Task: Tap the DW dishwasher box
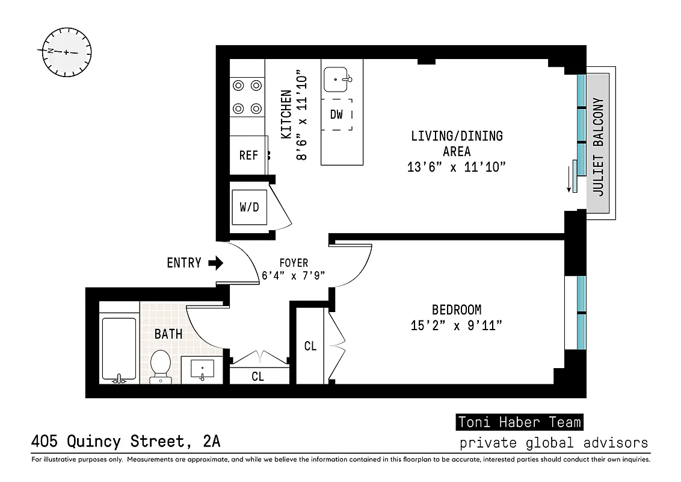coord(336,114)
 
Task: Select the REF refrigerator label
coord(248,155)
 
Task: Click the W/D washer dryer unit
coord(249,207)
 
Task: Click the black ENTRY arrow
coord(215,263)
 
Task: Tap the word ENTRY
coord(183,263)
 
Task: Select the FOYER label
coord(294,263)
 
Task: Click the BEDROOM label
coord(457,310)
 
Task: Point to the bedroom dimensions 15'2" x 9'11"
coord(457,326)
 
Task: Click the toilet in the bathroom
coord(160,366)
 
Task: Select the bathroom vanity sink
coord(202,368)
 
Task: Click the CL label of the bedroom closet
coord(310,346)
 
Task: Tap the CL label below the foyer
coord(258,377)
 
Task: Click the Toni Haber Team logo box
coord(519,422)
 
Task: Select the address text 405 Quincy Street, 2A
coord(125,442)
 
